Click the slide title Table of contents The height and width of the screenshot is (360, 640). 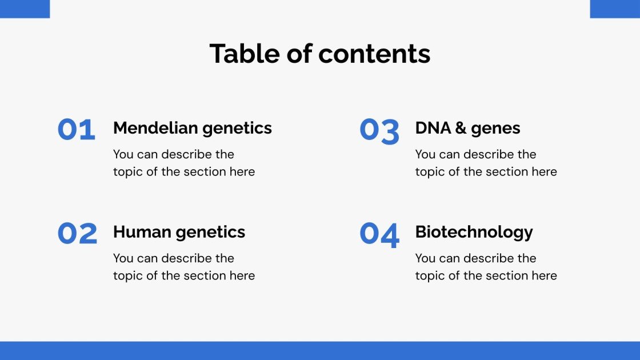tap(320, 54)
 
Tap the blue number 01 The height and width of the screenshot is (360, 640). tap(76, 130)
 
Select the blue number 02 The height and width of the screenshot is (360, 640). tap(77, 234)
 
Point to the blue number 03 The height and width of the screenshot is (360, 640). tap(379, 130)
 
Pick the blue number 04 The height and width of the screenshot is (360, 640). tap(379, 234)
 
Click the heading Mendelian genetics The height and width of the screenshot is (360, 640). tap(192, 128)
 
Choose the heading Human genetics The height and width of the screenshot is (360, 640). tap(179, 232)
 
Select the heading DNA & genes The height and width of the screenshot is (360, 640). tap(467, 128)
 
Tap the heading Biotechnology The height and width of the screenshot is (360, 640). tap(474, 232)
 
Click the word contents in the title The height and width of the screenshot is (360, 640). tap(374, 54)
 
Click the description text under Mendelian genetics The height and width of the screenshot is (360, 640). tap(183, 163)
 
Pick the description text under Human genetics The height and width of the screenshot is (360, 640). tap(183, 267)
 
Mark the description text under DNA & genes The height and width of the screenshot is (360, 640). tap(486, 163)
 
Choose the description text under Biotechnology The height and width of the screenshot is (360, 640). tap(486, 267)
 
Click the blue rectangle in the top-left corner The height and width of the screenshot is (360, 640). tap(25, 9)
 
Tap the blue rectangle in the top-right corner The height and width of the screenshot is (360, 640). tap(615, 9)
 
